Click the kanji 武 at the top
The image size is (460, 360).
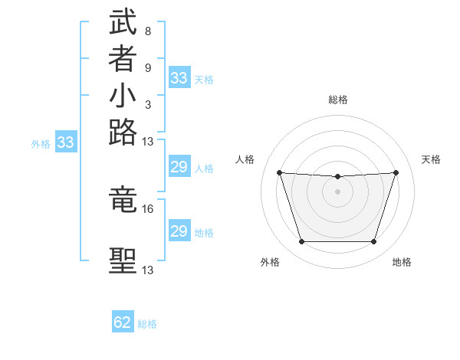pyautogui.click(x=123, y=23)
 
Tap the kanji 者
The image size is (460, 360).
pyautogui.click(x=123, y=61)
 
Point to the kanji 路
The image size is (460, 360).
pyautogui.click(x=123, y=133)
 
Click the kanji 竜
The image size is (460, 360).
pyautogui.click(x=123, y=200)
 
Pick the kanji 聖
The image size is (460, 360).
pyautogui.click(x=123, y=260)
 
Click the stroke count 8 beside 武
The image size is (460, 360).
pyautogui.click(x=147, y=32)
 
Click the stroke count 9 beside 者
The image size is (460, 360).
pyautogui.click(x=147, y=68)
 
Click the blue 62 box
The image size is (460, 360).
pyautogui.click(x=123, y=322)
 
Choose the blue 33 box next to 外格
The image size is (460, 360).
pyautogui.click(x=66, y=142)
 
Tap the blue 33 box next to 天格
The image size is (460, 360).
pyautogui.click(x=179, y=77)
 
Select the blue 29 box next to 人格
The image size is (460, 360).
pyautogui.click(x=179, y=167)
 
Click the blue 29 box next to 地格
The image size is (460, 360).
pyautogui.click(x=179, y=231)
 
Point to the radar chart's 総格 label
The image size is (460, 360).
pyautogui.click(x=338, y=100)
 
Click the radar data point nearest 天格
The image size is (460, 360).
pyautogui.click(x=396, y=172)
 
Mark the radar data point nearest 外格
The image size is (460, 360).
pyautogui.click(x=301, y=242)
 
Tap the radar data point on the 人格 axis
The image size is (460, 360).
pyautogui.click(x=279, y=172)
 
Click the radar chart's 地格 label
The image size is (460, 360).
pyautogui.click(x=402, y=262)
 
